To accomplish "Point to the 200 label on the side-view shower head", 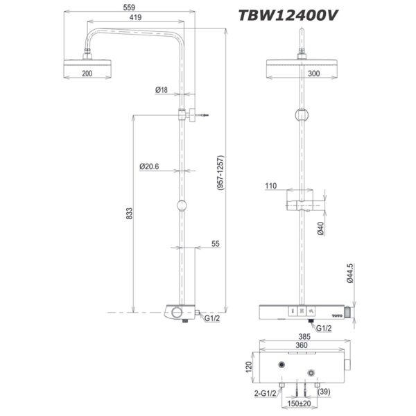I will (x=87, y=73).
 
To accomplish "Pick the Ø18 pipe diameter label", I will (x=162, y=90).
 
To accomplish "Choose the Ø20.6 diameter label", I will (x=150, y=166).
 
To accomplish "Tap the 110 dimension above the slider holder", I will (x=271, y=187).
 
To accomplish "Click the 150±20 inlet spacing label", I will (x=300, y=404).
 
